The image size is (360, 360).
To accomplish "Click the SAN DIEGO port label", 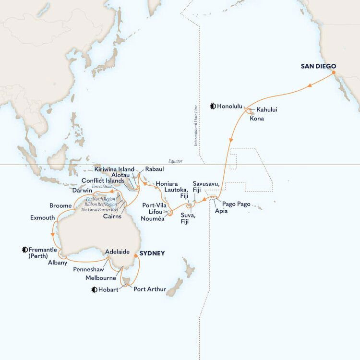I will [318, 66].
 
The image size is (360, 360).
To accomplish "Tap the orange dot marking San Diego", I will [334, 73].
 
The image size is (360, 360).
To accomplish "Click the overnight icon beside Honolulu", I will [213, 106].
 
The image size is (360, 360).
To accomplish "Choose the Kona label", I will [257, 119].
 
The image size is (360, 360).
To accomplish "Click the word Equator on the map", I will [176, 162].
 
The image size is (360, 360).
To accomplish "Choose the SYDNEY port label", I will [152, 253].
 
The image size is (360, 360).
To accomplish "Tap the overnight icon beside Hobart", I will [94, 289].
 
